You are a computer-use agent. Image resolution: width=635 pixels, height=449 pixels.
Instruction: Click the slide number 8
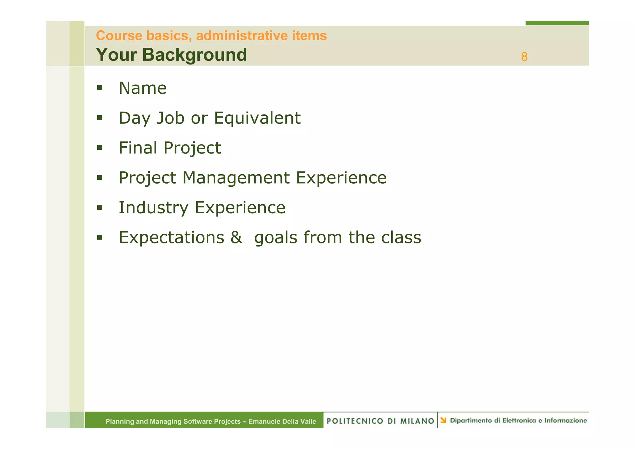[524, 57]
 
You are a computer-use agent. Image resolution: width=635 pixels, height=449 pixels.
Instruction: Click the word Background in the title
[194, 55]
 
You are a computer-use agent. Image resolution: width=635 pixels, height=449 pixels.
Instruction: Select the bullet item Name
[143, 88]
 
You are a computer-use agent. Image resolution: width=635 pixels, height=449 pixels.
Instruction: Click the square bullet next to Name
[100, 88]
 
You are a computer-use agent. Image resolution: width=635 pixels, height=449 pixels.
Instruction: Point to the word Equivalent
[257, 118]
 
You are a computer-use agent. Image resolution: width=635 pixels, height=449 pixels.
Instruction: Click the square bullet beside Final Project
[100, 148]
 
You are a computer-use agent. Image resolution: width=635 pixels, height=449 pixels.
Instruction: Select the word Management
[236, 178]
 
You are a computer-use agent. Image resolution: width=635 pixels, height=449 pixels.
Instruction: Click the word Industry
[153, 207]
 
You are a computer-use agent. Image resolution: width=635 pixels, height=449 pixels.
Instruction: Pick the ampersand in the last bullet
[236, 238]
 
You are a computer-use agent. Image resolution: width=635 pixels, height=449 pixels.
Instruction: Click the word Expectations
[171, 238]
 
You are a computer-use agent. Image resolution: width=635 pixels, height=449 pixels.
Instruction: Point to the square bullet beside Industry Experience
[100, 207]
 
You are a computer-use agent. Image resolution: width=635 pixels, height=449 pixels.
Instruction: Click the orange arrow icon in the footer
[443, 420]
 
